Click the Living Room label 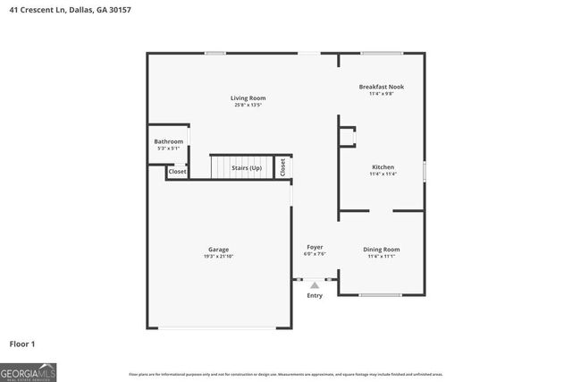click(248, 98)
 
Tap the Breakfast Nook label click(382, 87)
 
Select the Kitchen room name click(383, 167)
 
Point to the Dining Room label click(382, 249)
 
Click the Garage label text click(219, 250)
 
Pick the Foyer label click(315, 247)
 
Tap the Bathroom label click(168, 141)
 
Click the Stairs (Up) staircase click(241, 167)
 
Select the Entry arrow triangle click(315, 285)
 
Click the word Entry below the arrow click(315, 296)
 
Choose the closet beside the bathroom click(177, 171)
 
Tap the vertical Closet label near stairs click(283, 167)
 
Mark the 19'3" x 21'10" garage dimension click(219, 257)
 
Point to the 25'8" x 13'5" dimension click(248, 106)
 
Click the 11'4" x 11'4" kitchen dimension click(383, 174)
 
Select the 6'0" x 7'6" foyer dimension click(315, 254)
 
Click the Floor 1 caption click(22, 344)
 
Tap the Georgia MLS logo click(29, 371)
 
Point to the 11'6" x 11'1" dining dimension click(382, 256)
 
